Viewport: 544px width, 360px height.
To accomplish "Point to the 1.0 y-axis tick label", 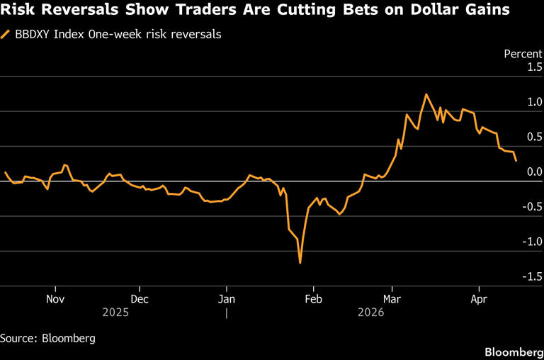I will click(533, 102).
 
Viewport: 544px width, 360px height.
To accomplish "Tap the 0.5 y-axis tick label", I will click(533, 137).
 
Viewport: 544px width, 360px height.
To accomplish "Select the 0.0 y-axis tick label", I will click(533, 171).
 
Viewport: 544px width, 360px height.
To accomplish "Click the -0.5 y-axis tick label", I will click(531, 207).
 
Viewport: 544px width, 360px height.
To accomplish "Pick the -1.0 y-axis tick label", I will click(531, 242).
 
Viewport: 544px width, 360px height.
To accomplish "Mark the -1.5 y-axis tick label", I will click(531, 276).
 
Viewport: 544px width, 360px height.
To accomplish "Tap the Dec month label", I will click(140, 298).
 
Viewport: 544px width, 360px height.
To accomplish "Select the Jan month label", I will click(226, 298).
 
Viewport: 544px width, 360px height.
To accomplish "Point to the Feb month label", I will click(313, 298).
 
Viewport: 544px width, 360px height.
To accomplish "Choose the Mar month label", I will click(392, 298).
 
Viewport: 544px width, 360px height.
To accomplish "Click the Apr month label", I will click(479, 298).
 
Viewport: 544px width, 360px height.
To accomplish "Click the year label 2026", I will click(370, 312).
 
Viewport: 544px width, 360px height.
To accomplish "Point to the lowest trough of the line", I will click(300, 263).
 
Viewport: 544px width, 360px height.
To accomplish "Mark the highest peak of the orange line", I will click(426, 94).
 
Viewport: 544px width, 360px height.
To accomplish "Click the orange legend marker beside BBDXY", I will click(6, 34).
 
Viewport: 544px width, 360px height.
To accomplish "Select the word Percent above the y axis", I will click(522, 54).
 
